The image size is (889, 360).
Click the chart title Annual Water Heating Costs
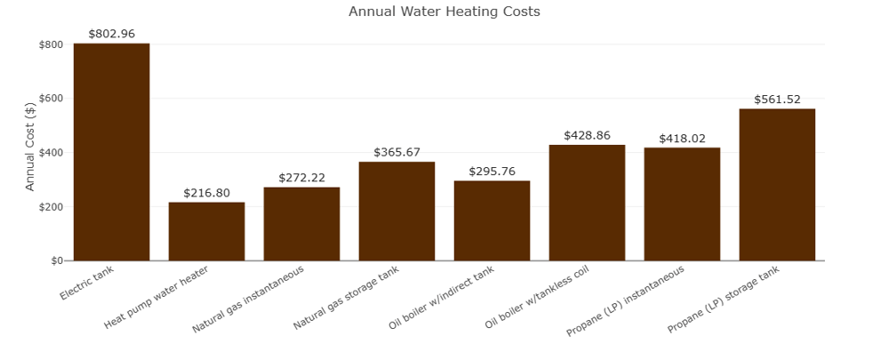pos(444,12)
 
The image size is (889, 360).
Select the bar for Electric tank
pos(111,152)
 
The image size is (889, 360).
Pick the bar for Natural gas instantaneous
pos(301,224)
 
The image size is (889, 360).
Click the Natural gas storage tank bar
pos(396,212)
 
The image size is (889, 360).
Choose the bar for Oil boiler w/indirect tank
pos(492,220)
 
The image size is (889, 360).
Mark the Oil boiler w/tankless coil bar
pos(587,203)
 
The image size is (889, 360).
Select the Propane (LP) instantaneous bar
pos(682,204)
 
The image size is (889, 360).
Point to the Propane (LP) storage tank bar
pos(777,185)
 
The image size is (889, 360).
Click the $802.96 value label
pos(111,34)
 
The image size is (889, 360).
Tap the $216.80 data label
pos(206,193)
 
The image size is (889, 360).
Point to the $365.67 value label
pos(396,153)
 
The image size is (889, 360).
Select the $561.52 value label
pos(777,100)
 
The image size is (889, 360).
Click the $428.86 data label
pos(587,136)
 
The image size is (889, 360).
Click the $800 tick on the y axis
pos(51,44)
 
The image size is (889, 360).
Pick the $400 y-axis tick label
pos(51,153)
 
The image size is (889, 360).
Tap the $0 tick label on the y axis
pos(56,261)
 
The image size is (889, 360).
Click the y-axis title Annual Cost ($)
pos(30,147)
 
